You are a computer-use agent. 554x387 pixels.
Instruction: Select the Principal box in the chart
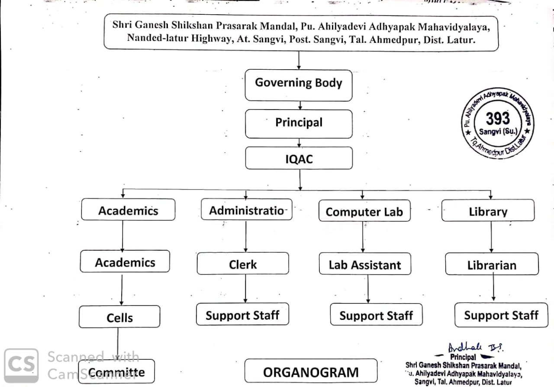pyautogui.click(x=299, y=123)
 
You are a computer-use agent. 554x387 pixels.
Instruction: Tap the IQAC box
pyautogui.click(x=299, y=158)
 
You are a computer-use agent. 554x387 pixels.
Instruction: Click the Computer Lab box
pyautogui.click(x=364, y=212)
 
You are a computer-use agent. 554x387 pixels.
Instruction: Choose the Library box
pyautogui.click(x=488, y=211)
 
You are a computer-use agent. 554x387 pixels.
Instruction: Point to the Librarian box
pyautogui.click(x=492, y=264)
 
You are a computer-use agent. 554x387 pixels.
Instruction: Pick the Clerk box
pyautogui.click(x=243, y=263)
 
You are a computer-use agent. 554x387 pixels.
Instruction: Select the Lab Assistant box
pyautogui.click(x=365, y=264)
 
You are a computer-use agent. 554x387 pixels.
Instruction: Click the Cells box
pyautogui.click(x=119, y=317)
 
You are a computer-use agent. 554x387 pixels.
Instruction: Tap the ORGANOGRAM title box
pyautogui.click(x=311, y=371)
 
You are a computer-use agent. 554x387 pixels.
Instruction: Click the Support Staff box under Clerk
pyautogui.click(x=242, y=315)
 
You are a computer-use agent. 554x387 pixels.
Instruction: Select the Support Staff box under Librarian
pyautogui.click(x=501, y=315)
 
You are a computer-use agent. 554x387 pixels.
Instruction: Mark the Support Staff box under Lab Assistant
pyautogui.click(x=376, y=315)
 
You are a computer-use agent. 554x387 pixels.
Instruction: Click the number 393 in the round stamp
pyautogui.click(x=498, y=118)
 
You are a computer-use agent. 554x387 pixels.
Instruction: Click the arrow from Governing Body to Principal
pyautogui.click(x=300, y=105)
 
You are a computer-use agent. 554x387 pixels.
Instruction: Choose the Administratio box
pyautogui.click(x=247, y=210)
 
